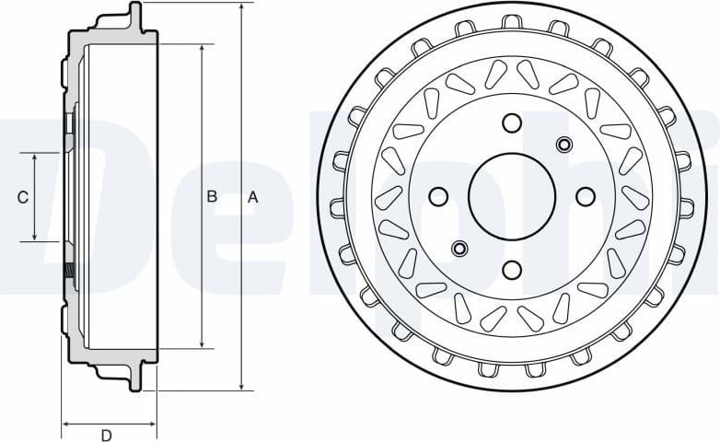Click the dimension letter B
pyautogui.click(x=211, y=196)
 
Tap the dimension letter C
pyautogui.click(x=23, y=197)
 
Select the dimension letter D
pyautogui.click(x=106, y=435)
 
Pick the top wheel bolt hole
pyautogui.click(x=512, y=123)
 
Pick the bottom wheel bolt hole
pyautogui.click(x=512, y=269)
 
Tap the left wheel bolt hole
pyautogui.click(x=438, y=196)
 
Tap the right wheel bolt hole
pyautogui.click(x=585, y=196)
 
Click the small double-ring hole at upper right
pyautogui.click(x=564, y=144)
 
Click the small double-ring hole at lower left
pyautogui.click(x=459, y=248)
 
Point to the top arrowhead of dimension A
pyautogui.click(x=240, y=7)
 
